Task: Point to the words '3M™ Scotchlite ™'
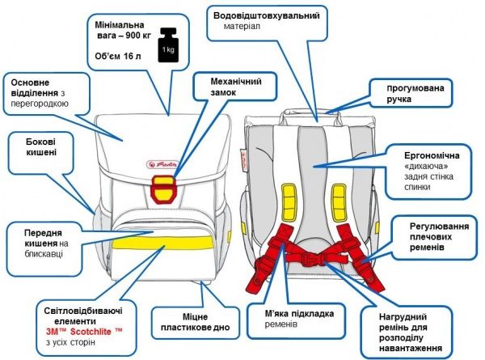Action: coord(84,330)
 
